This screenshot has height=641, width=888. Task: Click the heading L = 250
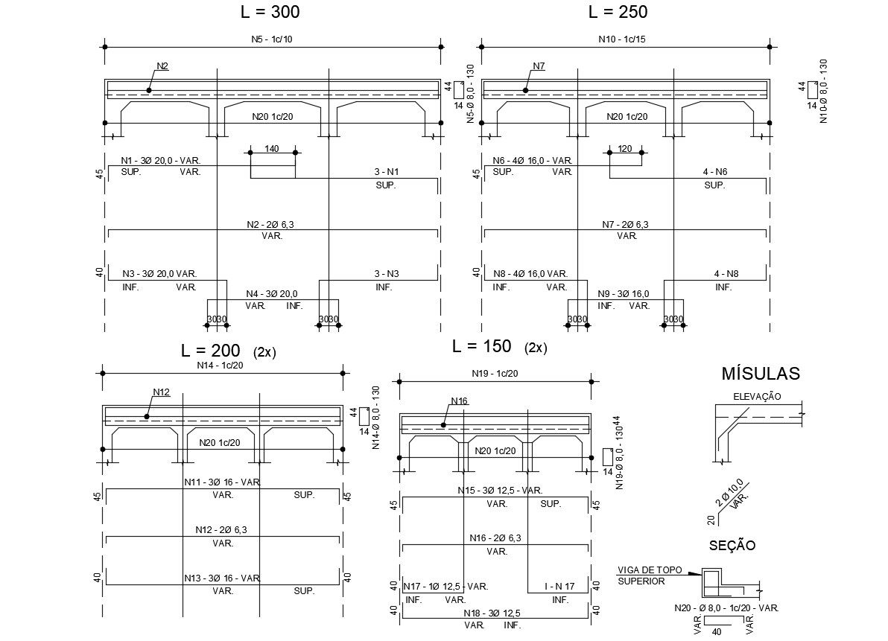pyautogui.click(x=618, y=12)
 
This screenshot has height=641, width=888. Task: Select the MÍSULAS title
pyautogui.click(x=760, y=374)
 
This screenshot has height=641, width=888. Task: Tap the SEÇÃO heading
pyautogui.click(x=732, y=546)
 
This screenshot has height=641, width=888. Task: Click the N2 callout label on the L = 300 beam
pyautogui.click(x=162, y=66)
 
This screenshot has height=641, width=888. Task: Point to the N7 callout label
pyautogui.click(x=539, y=66)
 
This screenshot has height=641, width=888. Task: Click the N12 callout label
pyautogui.click(x=162, y=392)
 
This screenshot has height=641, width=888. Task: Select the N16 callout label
pyautogui.click(x=459, y=401)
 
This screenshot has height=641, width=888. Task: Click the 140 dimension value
pyautogui.click(x=271, y=149)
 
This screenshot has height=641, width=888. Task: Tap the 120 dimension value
pyautogui.click(x=624, y=149)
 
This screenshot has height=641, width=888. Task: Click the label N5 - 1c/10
pyautogui.click(x=272, y=39)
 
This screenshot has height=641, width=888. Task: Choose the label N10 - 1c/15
pyautogui.click(x=621, y=39)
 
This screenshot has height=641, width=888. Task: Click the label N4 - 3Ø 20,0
pyautogui.click(x=271, y=294)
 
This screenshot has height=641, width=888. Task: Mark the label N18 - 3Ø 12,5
pyautogui.click(x=492, y=613)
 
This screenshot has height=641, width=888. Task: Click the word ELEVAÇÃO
pyautogui.click(x=757, y=396)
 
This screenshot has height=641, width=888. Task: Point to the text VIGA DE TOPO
pyautogui.click(x=650, y=570)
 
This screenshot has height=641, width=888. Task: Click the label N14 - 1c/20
pyautogui.click(x=220, y=365)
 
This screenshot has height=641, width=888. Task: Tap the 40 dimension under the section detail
pyautogui.click(x=717, y=632)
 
